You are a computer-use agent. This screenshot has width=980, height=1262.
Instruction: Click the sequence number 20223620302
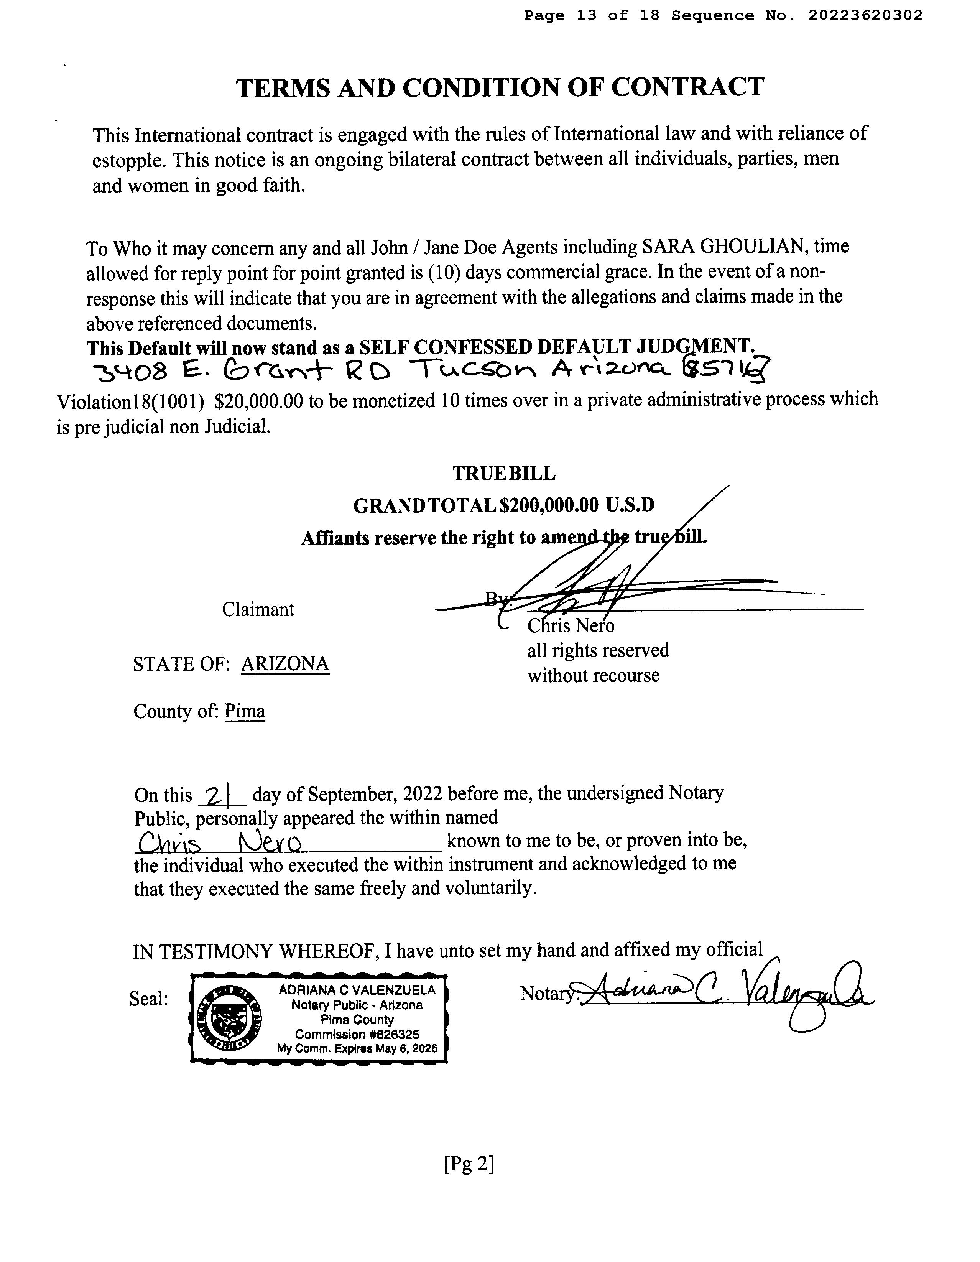865,16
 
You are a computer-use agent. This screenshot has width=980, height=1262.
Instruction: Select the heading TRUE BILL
503,473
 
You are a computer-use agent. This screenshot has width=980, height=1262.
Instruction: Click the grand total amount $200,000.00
549,506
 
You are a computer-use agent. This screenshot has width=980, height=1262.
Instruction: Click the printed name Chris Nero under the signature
570,626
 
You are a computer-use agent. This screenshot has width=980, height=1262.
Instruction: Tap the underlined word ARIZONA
285,663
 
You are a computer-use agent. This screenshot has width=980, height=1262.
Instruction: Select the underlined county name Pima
244,711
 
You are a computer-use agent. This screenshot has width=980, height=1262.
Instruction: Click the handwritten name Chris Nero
220,843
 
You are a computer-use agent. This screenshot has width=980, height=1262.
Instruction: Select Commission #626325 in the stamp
357,1034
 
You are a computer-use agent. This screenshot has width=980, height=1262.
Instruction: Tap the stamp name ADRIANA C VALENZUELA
357,990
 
